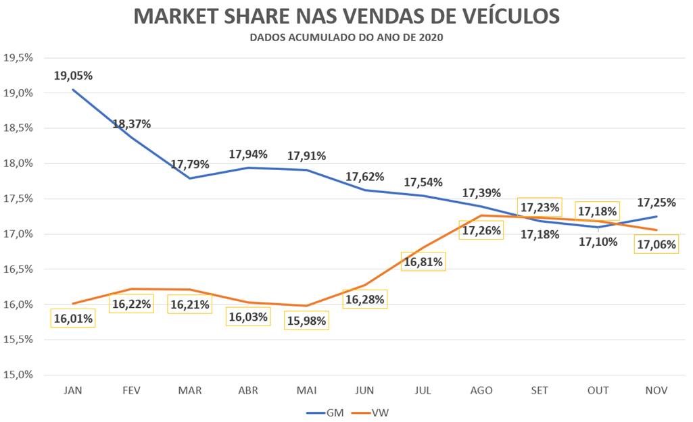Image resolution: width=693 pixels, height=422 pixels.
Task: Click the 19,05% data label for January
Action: coord(73,76)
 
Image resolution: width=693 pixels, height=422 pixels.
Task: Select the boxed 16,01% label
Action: coord(73,318)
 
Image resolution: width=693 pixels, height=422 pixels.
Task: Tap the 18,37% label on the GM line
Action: coord(131,124)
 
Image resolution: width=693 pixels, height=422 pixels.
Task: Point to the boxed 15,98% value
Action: coord(306,319)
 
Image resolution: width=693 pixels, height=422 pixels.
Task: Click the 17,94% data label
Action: coord(248,154)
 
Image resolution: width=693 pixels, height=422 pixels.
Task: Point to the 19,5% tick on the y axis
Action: coord(18,57)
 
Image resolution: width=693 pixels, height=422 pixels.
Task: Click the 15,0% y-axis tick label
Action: coord(18,375)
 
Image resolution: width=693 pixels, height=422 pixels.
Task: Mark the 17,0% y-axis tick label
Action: coord(18,234)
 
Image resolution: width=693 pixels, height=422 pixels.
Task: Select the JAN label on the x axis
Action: coord(72,390)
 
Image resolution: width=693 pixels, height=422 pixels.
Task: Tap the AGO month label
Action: coord(481,390)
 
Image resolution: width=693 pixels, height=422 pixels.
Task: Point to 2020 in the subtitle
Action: coord(430,38)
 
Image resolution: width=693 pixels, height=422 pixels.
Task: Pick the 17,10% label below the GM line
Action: coord(598,240)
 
